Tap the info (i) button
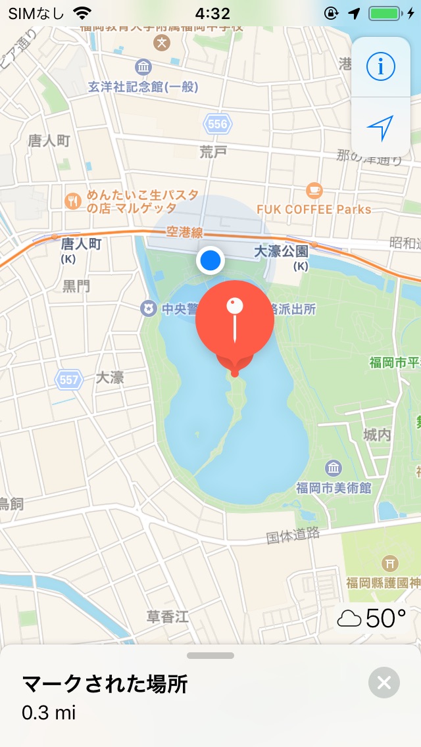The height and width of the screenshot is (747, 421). [380, 66]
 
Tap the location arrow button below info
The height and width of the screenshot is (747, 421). [380, 127]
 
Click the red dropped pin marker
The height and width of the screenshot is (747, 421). [235, 320]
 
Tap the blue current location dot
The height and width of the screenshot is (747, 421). [210, 260]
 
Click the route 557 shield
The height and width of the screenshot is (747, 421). [68, 379]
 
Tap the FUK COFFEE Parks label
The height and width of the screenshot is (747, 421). [314, 209]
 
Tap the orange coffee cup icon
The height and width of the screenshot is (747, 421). [314, 191]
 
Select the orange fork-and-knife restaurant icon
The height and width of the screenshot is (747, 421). [72, 201]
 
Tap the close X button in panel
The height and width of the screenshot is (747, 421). [384, 683]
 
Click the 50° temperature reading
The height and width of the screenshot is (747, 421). [385, 618]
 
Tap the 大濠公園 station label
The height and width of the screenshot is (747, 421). [282, 251]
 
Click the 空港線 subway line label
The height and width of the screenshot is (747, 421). [185, 231]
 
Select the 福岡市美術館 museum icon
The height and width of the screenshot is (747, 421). [334, 468]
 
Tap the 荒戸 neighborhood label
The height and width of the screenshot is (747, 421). [213, 152]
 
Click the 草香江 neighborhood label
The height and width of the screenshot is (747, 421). [168, 616]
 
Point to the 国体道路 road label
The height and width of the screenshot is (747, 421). [293, 535]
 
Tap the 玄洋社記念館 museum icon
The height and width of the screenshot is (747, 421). [143, 67]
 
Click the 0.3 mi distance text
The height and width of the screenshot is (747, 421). [49, 712]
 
